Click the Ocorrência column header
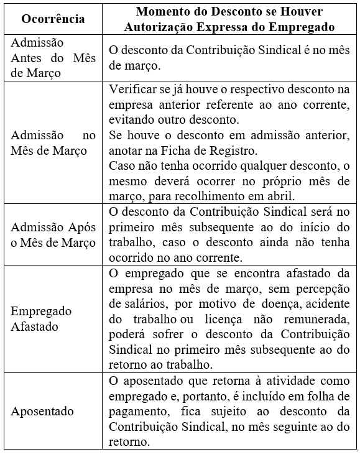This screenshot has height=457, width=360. click(53, 19)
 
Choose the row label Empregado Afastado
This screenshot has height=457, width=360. click(41, 318)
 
